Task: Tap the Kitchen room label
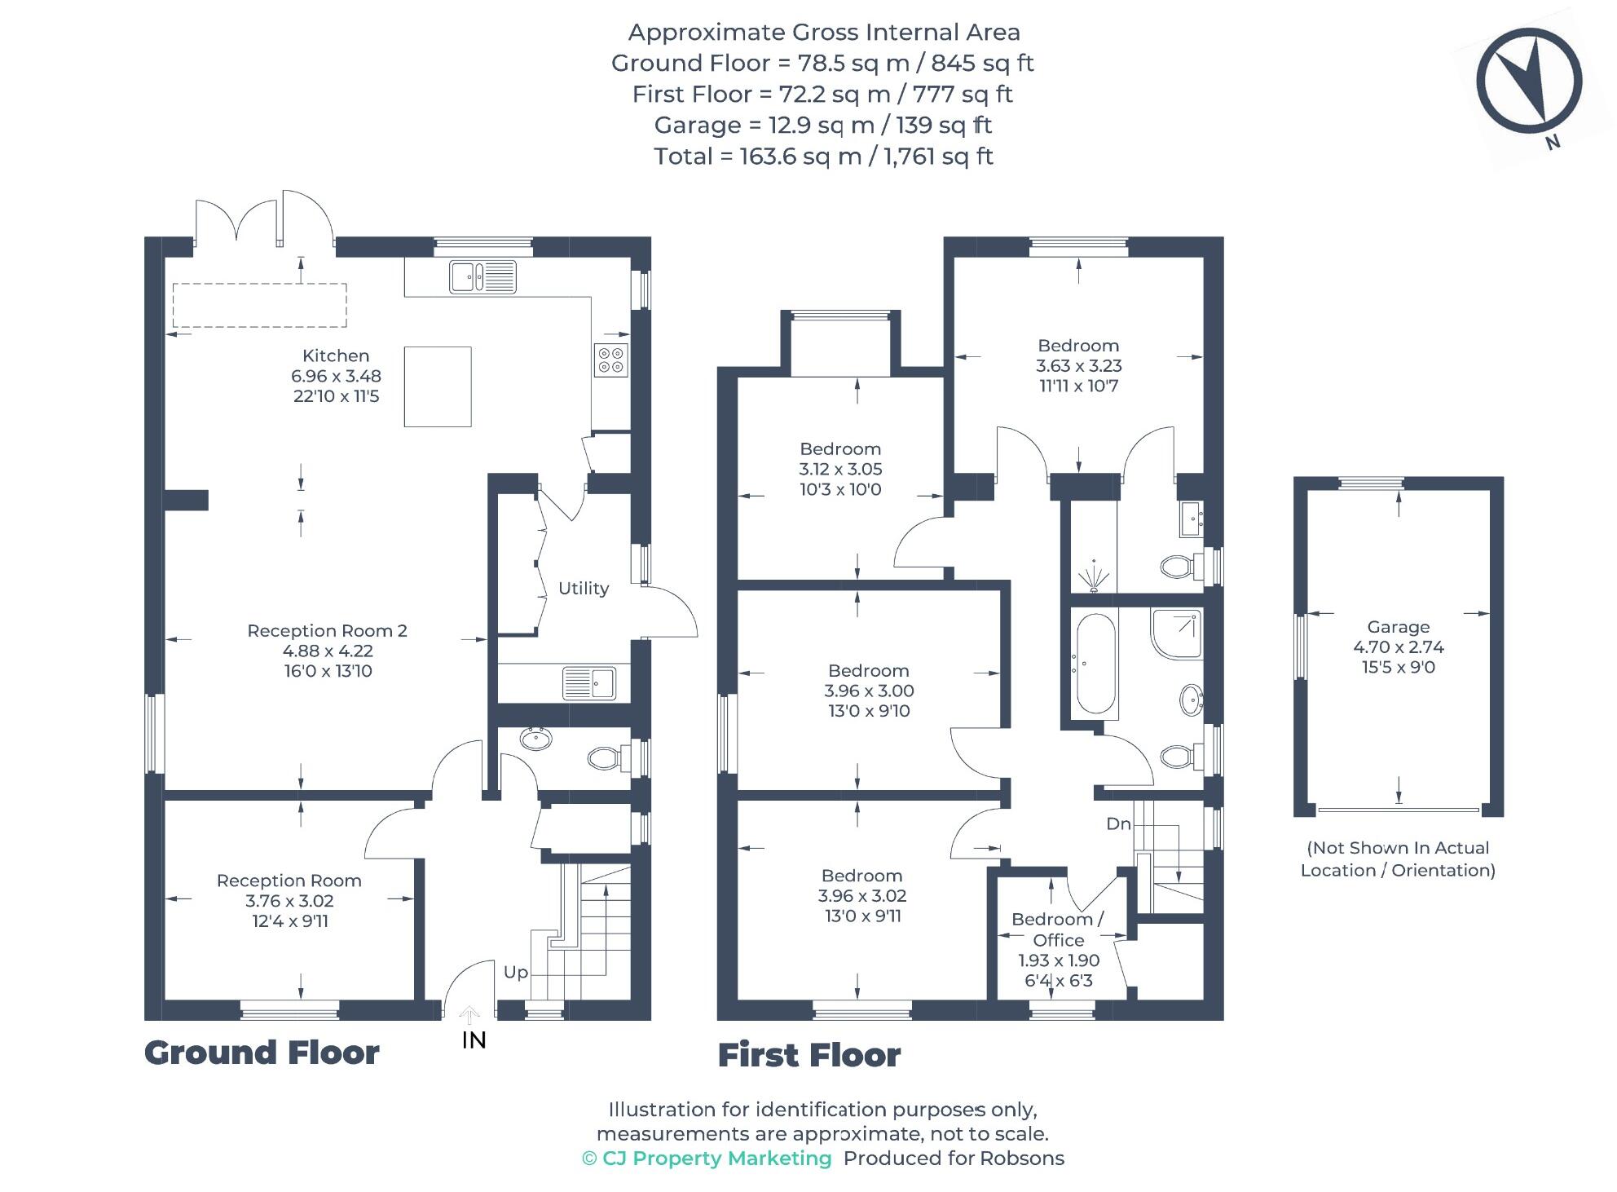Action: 336,355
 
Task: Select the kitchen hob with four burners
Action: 610,360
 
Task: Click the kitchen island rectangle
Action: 438,386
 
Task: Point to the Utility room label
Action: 584,588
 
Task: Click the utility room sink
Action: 589,683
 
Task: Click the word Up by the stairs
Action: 516,972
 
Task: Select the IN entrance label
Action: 474,1040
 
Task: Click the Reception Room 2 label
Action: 327,630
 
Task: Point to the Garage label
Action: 1399,627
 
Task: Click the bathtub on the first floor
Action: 1096,664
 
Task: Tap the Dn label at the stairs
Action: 1118,823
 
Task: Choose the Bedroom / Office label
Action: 1058,929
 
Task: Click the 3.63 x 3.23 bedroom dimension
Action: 1078,365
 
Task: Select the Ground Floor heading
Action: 262,1053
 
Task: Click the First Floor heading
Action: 809,1055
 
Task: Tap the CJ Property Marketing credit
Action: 707,1159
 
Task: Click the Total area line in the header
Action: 823,156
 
